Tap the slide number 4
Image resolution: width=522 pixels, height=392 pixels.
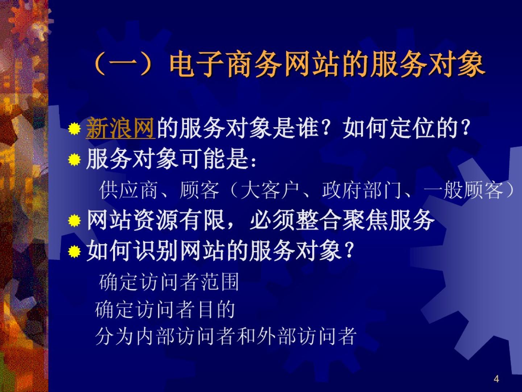(496, 379)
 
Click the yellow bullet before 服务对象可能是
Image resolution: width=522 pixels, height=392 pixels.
(74, 160)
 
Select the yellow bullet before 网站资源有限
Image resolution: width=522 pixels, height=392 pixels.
(74, 221)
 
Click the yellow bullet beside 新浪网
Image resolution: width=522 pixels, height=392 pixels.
(74, 129)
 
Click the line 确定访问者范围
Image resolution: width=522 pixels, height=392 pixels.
(169, 282)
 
